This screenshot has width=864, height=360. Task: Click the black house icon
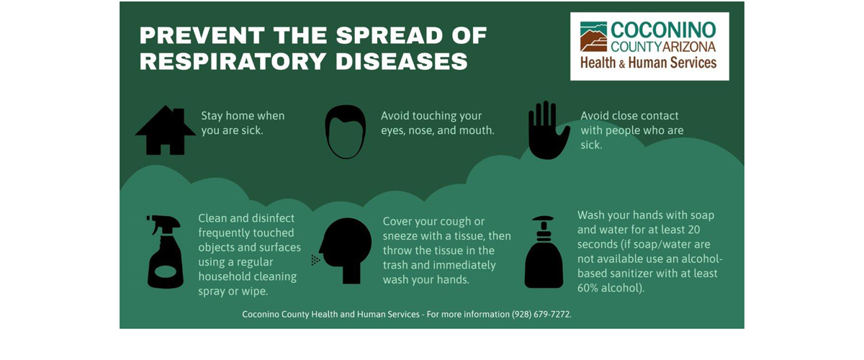point(166,130)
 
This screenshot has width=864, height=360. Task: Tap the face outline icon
point(345,132)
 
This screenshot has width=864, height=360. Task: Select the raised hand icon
point(548,130)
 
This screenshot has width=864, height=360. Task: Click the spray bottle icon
point(165,251)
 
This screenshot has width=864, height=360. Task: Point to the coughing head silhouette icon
point(343,251)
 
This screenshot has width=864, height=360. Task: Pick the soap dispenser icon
point(544,251)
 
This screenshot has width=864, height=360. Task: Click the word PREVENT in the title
point(202,35)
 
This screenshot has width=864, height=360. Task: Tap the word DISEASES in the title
point(402,61)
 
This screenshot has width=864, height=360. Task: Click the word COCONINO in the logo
point(663,30)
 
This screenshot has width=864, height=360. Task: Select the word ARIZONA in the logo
point(689,47)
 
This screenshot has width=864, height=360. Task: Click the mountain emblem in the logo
point(593,37)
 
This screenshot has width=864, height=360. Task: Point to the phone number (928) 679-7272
point(541,315)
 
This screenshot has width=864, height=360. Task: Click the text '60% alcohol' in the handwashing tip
point(608,288)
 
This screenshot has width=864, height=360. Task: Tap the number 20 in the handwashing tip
point(693,230)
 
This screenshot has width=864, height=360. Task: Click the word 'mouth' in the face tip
point(479,130)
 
